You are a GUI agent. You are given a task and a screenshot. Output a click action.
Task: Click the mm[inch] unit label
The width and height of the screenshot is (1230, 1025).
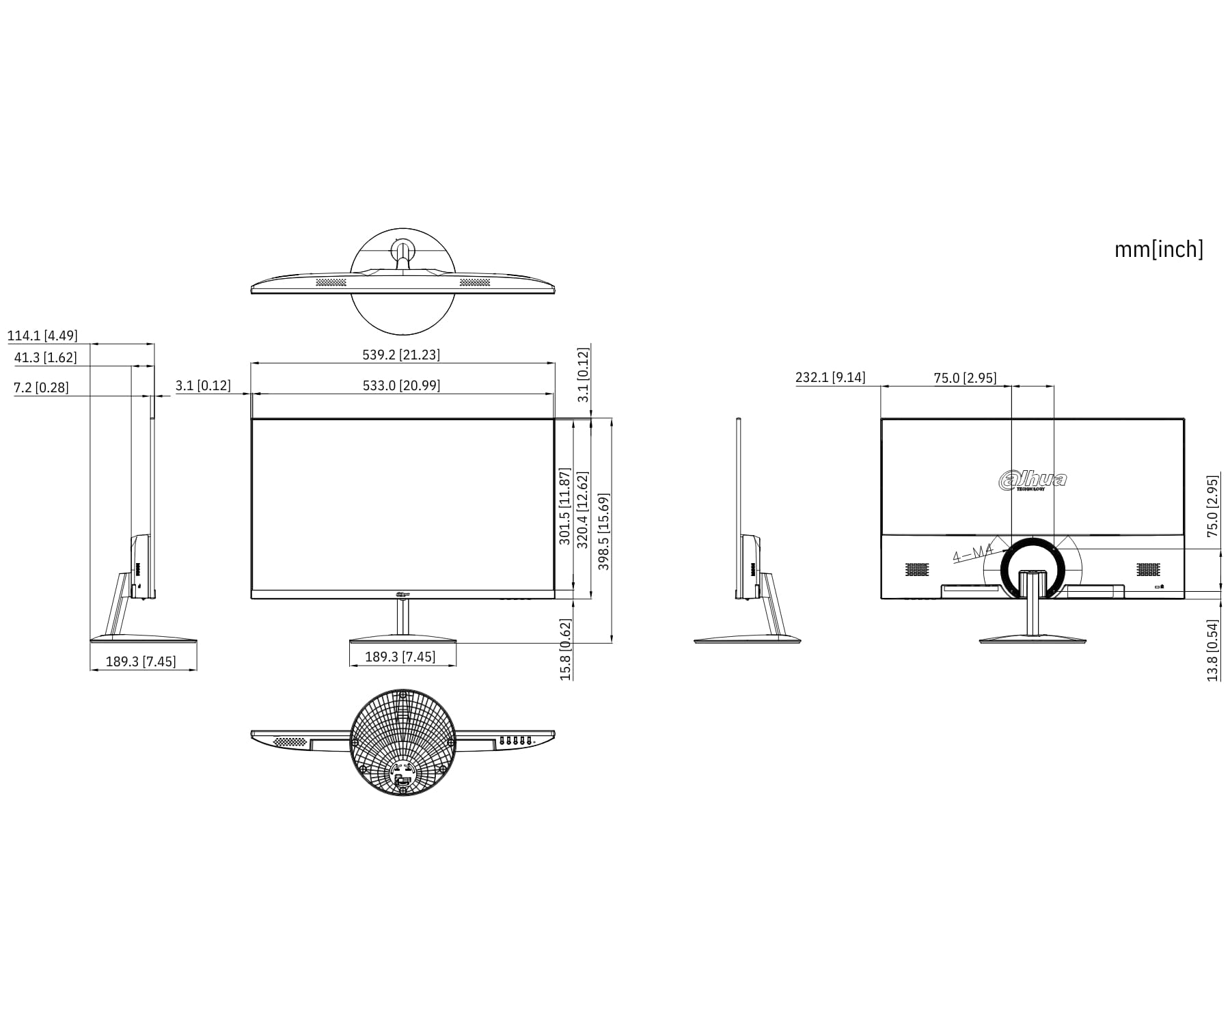(x=1159, y=249)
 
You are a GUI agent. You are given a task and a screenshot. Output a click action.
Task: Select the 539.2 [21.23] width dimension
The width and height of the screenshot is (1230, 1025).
(x=401, y=355)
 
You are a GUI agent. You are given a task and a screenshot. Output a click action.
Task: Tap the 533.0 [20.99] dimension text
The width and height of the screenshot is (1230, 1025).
(x=401, y=385)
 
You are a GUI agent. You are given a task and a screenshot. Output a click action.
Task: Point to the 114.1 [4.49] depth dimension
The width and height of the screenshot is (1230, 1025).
(x=42, y=336)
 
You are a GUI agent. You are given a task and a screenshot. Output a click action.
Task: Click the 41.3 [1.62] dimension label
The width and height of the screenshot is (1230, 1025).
(x=46, y=357)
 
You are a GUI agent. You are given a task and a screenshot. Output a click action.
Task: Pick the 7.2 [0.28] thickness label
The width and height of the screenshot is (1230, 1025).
(x=41, y=387)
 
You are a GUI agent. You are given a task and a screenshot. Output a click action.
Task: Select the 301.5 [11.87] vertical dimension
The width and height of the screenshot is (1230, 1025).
(x=564, y=506)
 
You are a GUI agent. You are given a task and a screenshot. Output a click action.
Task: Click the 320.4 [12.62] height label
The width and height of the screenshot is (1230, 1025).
(x=582, y=510)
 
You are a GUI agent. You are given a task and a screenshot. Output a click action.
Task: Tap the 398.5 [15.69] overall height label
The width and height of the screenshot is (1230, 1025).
(x=603, y=532)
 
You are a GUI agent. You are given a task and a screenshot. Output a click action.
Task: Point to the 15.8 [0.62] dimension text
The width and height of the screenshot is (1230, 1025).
(x=565, y=649)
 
